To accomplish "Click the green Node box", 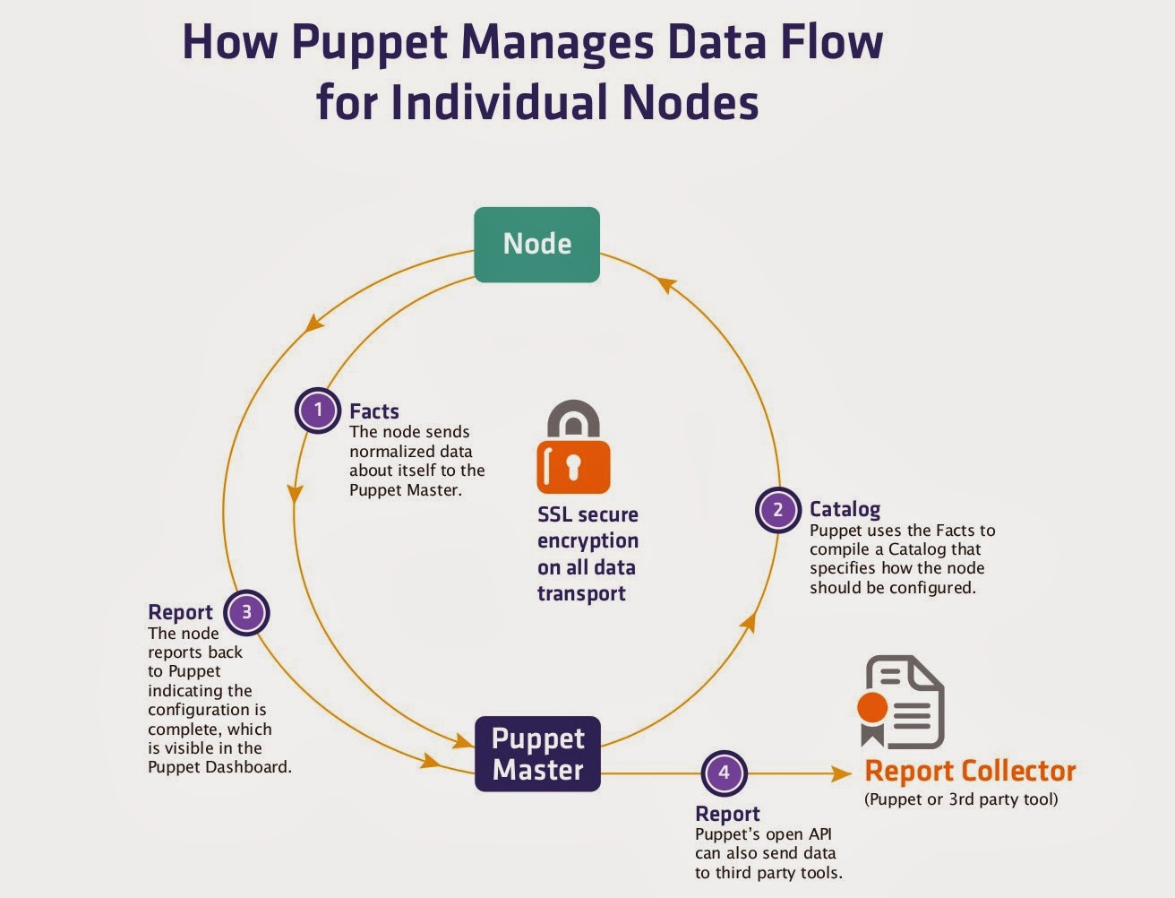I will click(536, 245).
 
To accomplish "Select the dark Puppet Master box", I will click(537, 754).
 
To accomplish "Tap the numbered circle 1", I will click(317, 410).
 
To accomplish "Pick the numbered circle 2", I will click(777, 510).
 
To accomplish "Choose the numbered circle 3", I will click(246, 613).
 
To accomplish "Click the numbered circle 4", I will click(724, 773).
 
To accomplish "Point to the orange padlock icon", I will click(573, 447).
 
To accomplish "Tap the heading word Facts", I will click(373, 411).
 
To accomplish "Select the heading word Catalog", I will click(845, 509).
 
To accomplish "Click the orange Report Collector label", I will click(970, 771).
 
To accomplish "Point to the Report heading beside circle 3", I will click(180, 612).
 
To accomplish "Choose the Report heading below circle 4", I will click(727, 814).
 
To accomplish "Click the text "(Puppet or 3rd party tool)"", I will click(961, 799).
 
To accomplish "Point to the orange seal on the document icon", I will click(872, 707).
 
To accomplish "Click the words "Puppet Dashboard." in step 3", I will click(219, 767).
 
